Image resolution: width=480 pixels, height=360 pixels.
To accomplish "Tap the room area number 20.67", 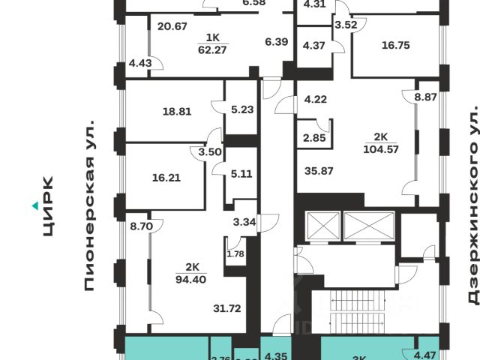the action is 172,26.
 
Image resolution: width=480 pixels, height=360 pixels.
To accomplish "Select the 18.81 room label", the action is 177,112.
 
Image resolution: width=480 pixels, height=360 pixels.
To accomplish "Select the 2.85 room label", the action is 314,138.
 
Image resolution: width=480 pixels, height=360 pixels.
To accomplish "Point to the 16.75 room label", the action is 394,45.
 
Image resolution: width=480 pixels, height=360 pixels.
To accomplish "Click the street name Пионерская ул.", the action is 91,203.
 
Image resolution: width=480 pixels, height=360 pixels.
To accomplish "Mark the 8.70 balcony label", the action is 141,224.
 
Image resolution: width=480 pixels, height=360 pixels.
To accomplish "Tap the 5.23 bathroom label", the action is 241,109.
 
